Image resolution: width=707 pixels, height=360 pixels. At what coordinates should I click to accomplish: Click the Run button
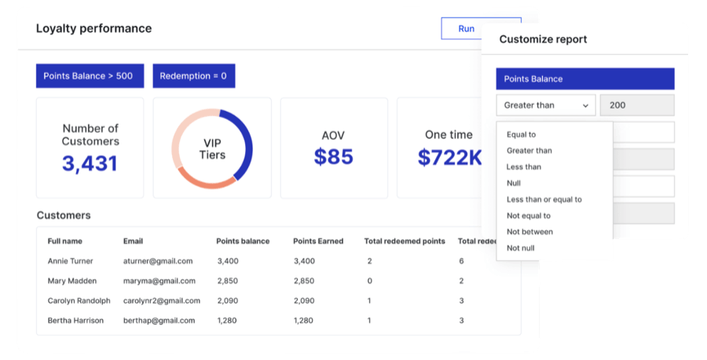pos(466,29)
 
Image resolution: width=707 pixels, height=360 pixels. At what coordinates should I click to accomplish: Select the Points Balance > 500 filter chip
pos(88,76)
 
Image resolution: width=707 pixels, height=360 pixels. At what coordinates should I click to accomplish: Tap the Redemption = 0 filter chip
pos(193,76)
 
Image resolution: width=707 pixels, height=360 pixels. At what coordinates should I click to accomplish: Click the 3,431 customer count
pos(90,163)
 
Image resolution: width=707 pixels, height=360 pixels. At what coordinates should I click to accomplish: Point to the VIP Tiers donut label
pos(212,149)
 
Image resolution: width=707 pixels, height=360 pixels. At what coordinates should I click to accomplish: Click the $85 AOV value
pos(333,156)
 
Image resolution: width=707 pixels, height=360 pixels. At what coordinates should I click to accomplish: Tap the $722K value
pos(449,157)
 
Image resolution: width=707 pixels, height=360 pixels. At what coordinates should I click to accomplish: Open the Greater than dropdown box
pos(545,105)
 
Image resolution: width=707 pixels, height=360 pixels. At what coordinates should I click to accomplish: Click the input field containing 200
pos(636,105)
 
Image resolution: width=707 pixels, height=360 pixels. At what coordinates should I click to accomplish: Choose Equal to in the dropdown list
pos(522,134)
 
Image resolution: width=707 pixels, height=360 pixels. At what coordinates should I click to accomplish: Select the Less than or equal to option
pos(544,200)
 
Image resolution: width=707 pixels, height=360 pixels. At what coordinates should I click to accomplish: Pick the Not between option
pos(529,232)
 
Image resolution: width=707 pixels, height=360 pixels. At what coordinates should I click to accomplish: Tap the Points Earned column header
pos(318,241)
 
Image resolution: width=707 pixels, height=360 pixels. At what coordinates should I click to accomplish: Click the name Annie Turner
pos(70,261)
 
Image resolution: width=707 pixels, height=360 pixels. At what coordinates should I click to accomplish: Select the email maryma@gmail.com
pos(158,281)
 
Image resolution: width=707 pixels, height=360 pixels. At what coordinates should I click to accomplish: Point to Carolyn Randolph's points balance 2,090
pos(228,300)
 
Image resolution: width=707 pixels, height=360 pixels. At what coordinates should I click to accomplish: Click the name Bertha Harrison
pos(75,320)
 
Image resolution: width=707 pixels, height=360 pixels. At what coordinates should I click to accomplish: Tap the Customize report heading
pos(543,39)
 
